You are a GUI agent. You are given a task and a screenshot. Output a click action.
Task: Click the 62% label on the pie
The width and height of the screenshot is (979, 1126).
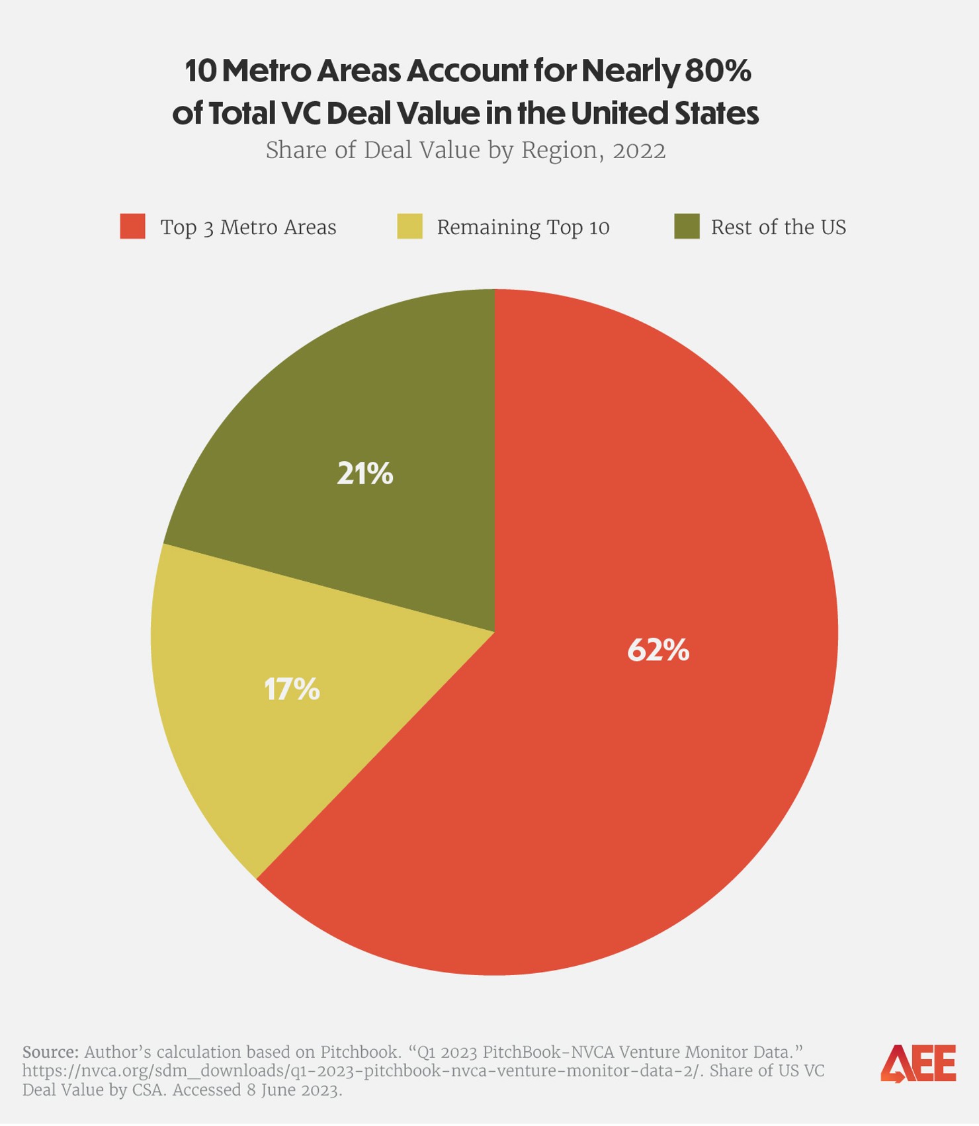point(658,650)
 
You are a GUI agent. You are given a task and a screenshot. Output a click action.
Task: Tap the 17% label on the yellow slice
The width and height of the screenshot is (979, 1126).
point(292,689)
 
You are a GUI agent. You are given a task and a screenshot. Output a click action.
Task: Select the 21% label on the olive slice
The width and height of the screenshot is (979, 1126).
point(365,474)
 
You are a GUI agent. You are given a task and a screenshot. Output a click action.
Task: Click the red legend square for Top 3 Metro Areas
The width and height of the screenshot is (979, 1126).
point(133,226)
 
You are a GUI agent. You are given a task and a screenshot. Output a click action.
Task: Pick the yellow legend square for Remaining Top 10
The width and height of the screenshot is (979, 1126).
point(409,226)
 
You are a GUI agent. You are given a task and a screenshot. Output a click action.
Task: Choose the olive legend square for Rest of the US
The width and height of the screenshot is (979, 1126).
point(687,226)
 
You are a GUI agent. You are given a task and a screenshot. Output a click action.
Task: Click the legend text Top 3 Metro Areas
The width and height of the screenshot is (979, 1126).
point(248,228)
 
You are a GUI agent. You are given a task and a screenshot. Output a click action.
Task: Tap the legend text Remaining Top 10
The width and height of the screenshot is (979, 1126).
point(523,228)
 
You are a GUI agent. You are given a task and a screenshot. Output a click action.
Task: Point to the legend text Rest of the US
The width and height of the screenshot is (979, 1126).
point(778,228)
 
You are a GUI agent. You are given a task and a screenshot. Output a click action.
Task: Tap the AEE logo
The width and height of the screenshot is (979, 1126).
point(918,1064)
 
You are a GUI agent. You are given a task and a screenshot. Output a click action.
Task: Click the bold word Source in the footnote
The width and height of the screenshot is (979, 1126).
point(50,1052)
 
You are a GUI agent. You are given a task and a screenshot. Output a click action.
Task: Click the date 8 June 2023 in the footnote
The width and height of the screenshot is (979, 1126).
point(294,1090)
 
